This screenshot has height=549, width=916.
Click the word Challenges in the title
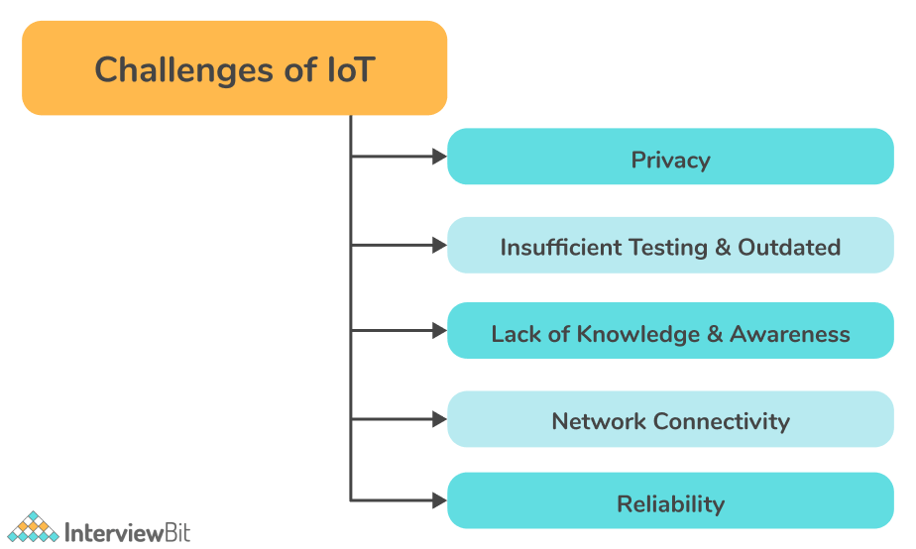click(x=184, y=71)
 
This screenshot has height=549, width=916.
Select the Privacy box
click(x=670, y=157)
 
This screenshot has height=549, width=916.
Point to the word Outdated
click(x=789, y=247)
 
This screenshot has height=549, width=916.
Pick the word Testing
click(x=668, y=248)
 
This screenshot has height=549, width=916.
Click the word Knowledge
click(x=638, y=335)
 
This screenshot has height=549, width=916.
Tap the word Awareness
click(x=790, y=334)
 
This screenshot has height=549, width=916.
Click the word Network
click(x=599, y=421)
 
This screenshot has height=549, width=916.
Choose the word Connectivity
click(x=722, y=422)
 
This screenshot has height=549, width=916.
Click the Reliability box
click(x=670, y=500)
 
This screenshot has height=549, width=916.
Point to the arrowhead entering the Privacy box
click(x=439, y=157)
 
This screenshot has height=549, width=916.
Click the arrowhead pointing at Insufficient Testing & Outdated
click(x=439, y=246)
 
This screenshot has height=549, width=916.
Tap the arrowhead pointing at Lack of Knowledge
click(x=439, y=331)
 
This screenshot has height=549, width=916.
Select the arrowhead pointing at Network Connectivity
click(x=439, y=419)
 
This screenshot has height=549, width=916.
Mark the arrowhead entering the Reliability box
click(x=439, y=500)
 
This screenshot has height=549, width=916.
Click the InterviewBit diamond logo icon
click(x=34, y=527)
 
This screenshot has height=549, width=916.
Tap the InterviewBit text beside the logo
click(x=127, y=532)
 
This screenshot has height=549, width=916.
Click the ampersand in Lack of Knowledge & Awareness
click(x=715, y=334)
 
